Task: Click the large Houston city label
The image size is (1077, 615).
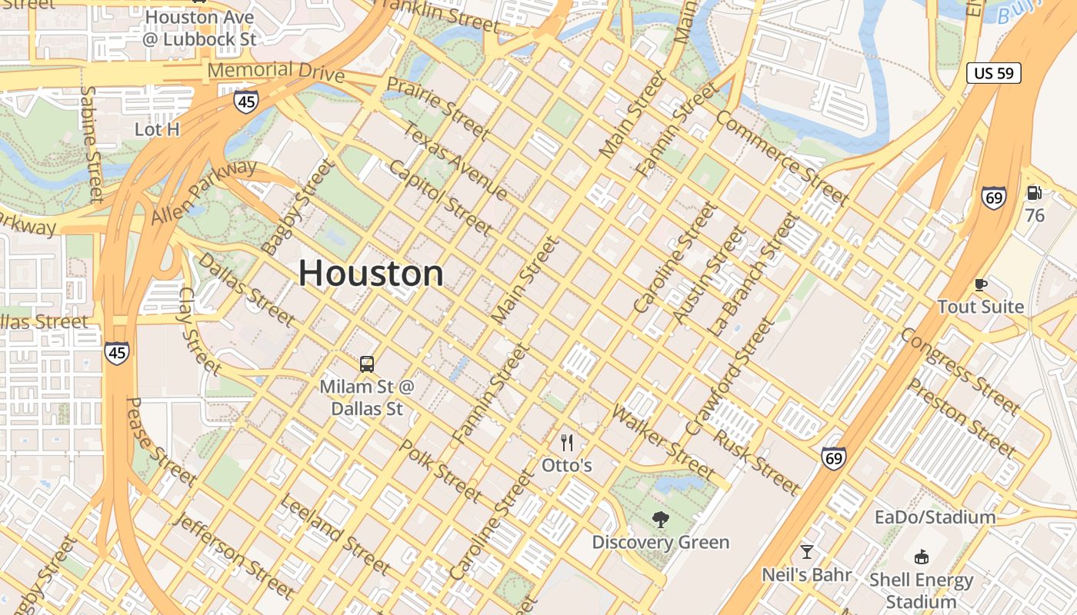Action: click(x=371, y=274)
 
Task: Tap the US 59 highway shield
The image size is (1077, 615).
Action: click(x=993, y=73)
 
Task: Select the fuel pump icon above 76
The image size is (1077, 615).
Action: click(x=1035, y=194)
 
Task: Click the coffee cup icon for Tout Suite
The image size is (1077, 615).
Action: click(x=980, y=284)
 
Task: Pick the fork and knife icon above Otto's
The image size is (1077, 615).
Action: click(x=567, y=442)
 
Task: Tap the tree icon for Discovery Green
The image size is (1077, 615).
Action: click(x=660, y=520)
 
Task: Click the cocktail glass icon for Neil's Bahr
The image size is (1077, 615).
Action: click(x=806, y=552)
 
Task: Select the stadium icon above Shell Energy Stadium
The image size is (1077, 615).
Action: click(x=921, y=557)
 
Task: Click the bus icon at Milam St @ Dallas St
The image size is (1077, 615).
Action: click(x=367, y=364)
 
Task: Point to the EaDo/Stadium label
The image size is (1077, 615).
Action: click(x=935, y=517)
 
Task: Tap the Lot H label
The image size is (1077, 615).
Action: click(x=157, y=129)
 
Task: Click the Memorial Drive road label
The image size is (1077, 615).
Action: click(x=275, y=71)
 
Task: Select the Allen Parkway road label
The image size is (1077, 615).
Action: click(x=204, y=192)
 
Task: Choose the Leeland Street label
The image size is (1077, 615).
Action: click(x=335, y=534)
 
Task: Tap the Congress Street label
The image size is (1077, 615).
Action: click(x=959, y=370)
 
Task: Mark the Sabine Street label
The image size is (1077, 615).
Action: click(x=92, y=144)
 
